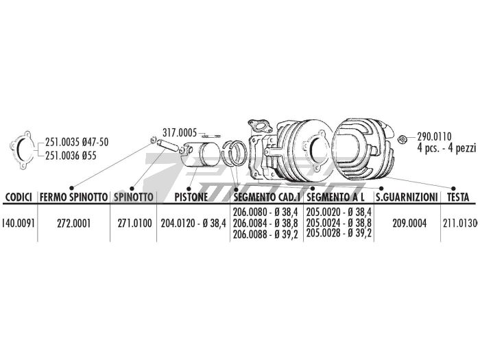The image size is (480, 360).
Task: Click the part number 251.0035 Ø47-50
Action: click(x=77, y=142)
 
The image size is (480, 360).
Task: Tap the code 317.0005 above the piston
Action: click(x=180, y=132)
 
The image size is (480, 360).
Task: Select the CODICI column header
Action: click(x=19, y=197)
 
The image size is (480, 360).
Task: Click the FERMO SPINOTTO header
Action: click(x=74, y=197)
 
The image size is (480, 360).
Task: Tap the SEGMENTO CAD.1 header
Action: click(x=267, y=197)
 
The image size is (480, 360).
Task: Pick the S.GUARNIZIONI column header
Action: click(x=407, y=197)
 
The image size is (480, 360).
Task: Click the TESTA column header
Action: click(x=457, y=197)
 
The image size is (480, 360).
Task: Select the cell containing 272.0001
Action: click(x=74, y=223)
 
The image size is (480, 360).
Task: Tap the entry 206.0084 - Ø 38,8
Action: click(x=267, y=223)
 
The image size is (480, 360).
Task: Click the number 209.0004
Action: click(x=407, y=223)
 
